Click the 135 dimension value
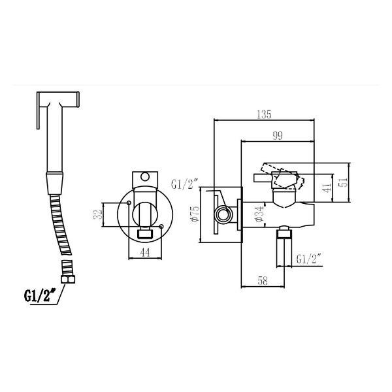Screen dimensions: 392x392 coord(264,114)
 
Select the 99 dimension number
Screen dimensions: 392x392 coord(278,136)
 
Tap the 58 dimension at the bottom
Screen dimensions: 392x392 coord(263,281)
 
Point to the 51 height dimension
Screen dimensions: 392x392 coord(345,182)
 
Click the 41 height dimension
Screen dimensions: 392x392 coord(327,188)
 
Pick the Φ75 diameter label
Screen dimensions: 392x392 coord(195,214)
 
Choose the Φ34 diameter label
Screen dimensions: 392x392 coord(259,213)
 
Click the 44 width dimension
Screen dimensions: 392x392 coord(145,252)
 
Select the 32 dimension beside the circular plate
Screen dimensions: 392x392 coord(98,214)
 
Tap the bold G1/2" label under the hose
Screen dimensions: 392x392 coord(40,295)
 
